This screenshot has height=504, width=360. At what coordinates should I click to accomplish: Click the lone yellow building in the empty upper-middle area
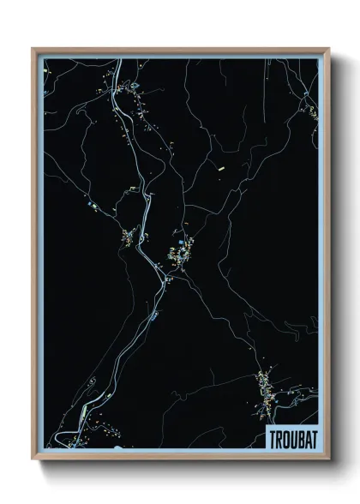[220, 169]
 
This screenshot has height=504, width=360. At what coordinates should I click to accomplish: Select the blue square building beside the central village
[182, 250]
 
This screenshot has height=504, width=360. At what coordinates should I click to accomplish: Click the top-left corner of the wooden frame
[33, 48]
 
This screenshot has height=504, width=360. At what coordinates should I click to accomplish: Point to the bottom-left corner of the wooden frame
[33, 460]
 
